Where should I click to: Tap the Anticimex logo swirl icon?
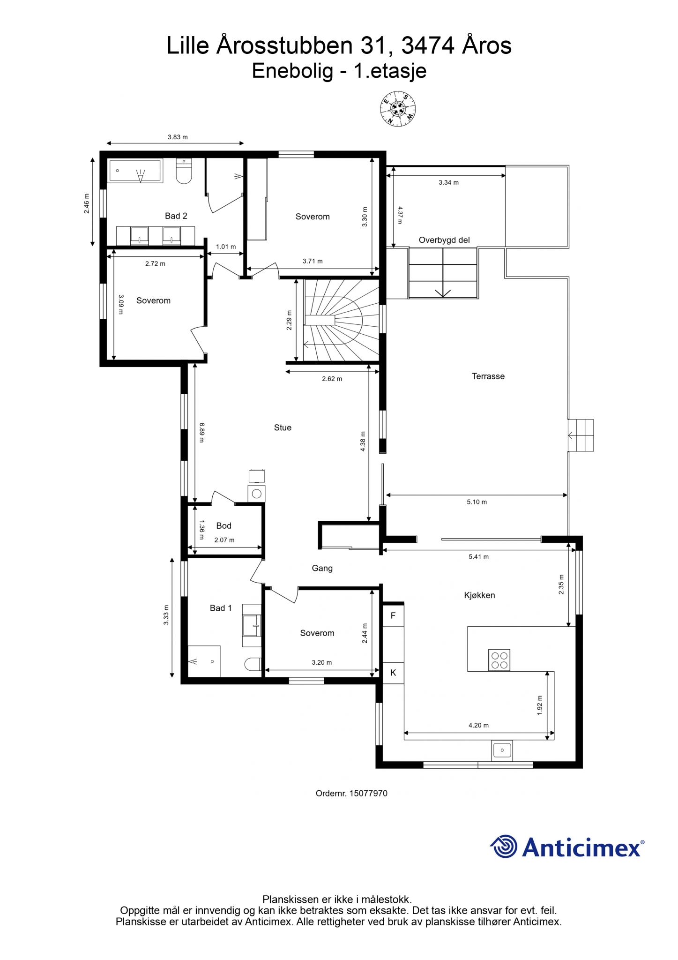[504, 847]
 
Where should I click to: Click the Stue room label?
[283, 427]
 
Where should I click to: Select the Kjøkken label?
[479, 595]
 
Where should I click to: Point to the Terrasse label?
[488, 376]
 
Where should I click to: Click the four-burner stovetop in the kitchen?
[499, 660]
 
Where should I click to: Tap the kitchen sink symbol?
[502, 750]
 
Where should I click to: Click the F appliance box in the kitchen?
[393, 615]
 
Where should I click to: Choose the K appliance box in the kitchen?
[393, 673]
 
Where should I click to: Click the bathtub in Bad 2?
[135, 171]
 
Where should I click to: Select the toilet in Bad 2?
[184, 171]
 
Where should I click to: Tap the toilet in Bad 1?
[253, 664]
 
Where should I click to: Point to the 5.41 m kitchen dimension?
[478, 557]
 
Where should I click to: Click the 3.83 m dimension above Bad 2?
[178, 137]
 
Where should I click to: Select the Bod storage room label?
[224, 526]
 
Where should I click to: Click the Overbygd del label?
[444, 240]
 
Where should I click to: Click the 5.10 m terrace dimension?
[477, 502]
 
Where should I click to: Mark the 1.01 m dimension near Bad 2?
[226, 247]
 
